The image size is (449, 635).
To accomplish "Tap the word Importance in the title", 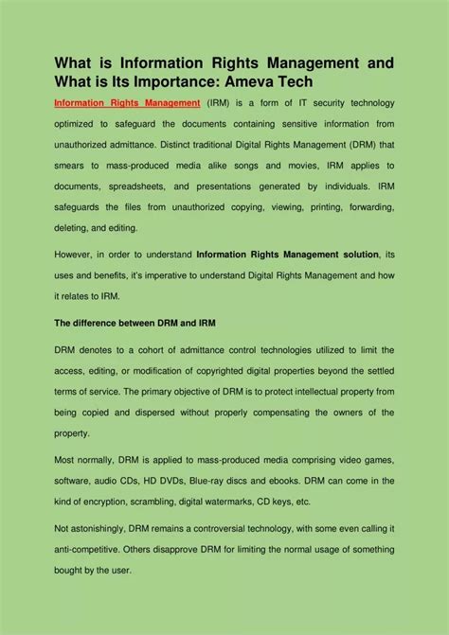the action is click(x=210, y=83).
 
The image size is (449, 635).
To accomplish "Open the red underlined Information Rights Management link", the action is click(x=127, y=102).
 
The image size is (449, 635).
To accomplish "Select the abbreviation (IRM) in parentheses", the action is click(x=224, y=102).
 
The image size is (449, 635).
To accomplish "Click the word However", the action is click(x=75, y=255).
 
